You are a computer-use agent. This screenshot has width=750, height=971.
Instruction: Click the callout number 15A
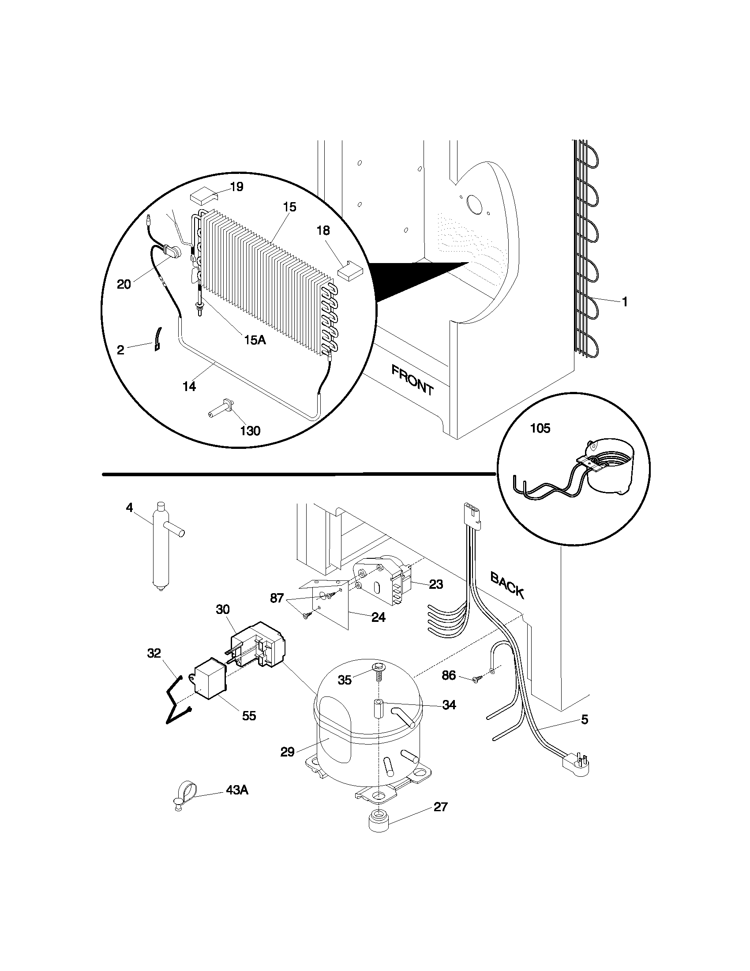255,340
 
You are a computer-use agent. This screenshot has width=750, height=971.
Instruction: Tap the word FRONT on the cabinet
412,380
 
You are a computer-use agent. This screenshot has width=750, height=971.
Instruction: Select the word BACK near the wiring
507,585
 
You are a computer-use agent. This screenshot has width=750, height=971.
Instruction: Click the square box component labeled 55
210,681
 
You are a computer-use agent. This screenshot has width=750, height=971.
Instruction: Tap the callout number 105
540,428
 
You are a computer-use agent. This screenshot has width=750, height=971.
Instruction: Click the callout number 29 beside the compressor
288,752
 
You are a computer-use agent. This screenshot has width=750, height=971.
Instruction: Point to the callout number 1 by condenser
624,302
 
